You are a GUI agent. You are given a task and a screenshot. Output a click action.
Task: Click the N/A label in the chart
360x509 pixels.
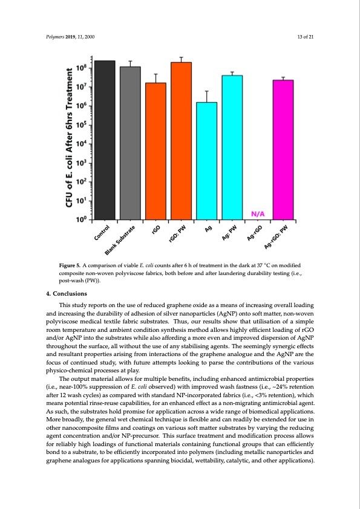point(258,213)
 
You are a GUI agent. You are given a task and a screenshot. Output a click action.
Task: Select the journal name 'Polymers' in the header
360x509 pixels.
point(55,38)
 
